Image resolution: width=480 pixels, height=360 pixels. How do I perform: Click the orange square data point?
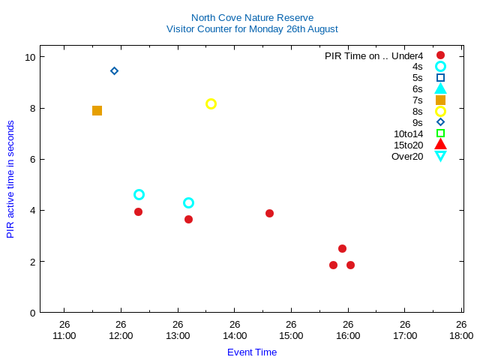(97, 110)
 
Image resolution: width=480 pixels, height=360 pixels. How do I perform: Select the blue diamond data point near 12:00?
(114, 71)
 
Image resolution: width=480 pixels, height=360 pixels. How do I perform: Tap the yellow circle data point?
(211, 103)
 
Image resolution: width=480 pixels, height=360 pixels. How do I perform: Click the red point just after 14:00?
(269, 213)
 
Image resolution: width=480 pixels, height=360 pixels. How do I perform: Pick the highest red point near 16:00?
(342, 248)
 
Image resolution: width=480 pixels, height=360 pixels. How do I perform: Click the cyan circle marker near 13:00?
(188, 202)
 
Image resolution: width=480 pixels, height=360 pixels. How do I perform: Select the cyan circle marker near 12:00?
(139, 194)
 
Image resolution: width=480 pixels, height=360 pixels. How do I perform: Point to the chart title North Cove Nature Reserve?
(252, 17)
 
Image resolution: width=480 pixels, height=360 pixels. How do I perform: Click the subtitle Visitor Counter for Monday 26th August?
(252, 29)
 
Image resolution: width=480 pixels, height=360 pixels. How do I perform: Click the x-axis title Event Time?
(252, 352)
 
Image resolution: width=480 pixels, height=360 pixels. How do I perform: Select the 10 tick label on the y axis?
(30, 57)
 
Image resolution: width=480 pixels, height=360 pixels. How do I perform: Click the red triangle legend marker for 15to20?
(440, 144)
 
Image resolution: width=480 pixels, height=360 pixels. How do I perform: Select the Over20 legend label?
(407, 156)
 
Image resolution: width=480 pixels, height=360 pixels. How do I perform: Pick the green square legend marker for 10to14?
(440, 133)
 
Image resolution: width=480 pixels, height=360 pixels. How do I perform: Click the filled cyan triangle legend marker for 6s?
(440, 88)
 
